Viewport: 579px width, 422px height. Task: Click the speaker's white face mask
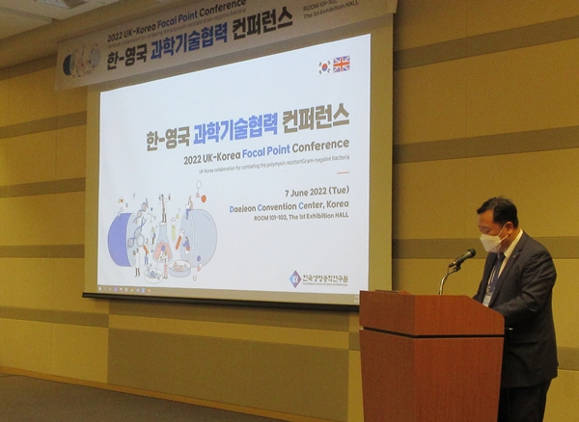tap(492, 241)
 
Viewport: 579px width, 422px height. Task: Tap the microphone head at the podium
tap(466, 256)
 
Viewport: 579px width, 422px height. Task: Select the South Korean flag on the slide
tap(323, 66)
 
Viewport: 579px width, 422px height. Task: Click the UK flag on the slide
tap(341, 64)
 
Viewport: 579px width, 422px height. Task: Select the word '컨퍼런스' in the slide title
tap(316, 118)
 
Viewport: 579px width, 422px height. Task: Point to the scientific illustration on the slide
tap(161, 237)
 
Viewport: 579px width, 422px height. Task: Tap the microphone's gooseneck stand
tap(446, 277)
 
